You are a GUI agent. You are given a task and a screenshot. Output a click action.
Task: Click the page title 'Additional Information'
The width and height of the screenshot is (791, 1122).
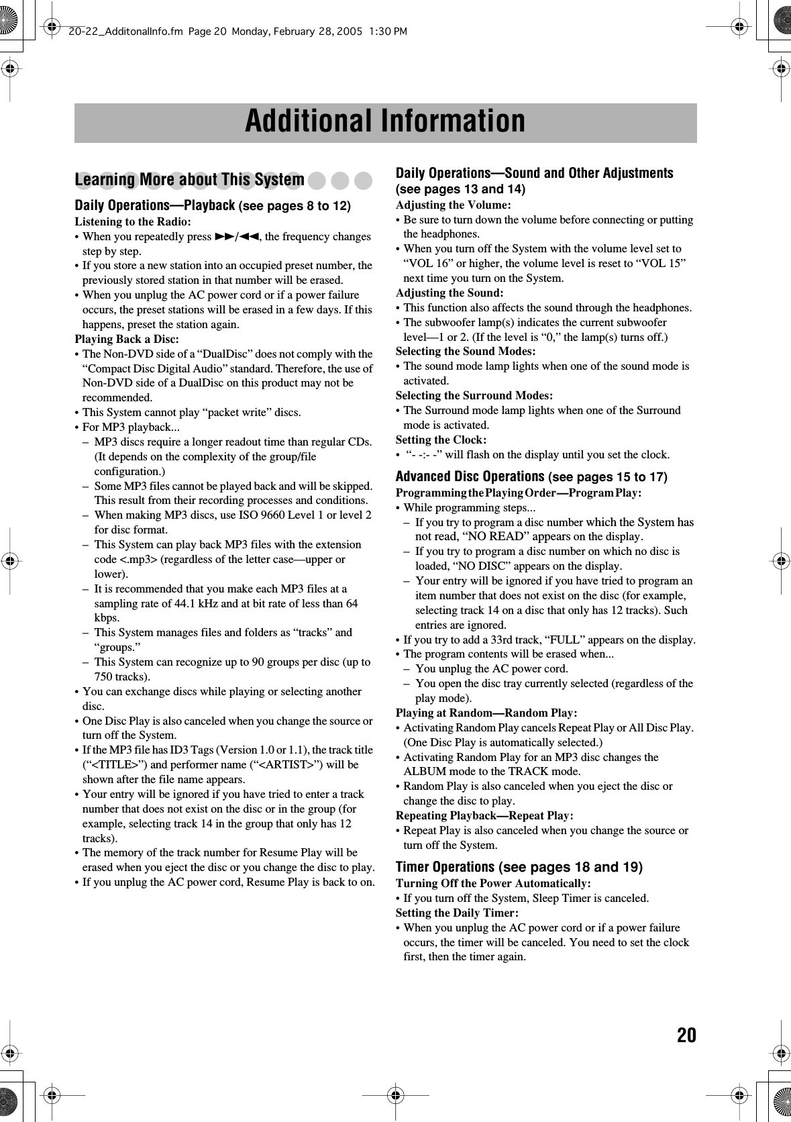coord(385,121)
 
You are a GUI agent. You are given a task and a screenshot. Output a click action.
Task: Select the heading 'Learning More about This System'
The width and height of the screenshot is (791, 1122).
coord(190,180)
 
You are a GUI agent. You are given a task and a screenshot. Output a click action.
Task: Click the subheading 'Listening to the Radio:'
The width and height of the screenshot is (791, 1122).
coord(133,221)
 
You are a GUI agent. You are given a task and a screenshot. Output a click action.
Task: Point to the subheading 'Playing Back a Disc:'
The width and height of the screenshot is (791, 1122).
coord(127,339)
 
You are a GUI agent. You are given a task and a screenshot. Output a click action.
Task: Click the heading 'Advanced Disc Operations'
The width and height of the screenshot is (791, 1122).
coord(470,476)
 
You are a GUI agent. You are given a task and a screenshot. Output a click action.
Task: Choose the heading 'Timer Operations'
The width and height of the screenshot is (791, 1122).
coord(445,867)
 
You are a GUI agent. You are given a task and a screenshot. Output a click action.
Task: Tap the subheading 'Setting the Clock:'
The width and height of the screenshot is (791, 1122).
coord(441,440)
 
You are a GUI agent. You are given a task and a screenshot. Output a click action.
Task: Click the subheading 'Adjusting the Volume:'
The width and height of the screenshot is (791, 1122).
coord(453,205)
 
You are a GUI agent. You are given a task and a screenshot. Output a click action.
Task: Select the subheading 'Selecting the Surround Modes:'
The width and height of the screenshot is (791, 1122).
coord(474,395)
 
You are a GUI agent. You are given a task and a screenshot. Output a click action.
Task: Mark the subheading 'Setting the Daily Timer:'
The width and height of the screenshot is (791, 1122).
coord(457,913)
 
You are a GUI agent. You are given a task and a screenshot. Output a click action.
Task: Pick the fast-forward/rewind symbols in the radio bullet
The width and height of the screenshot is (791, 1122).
coord(237,236)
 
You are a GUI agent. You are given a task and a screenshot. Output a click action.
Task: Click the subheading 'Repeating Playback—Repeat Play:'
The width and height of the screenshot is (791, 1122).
coord(484,815)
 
